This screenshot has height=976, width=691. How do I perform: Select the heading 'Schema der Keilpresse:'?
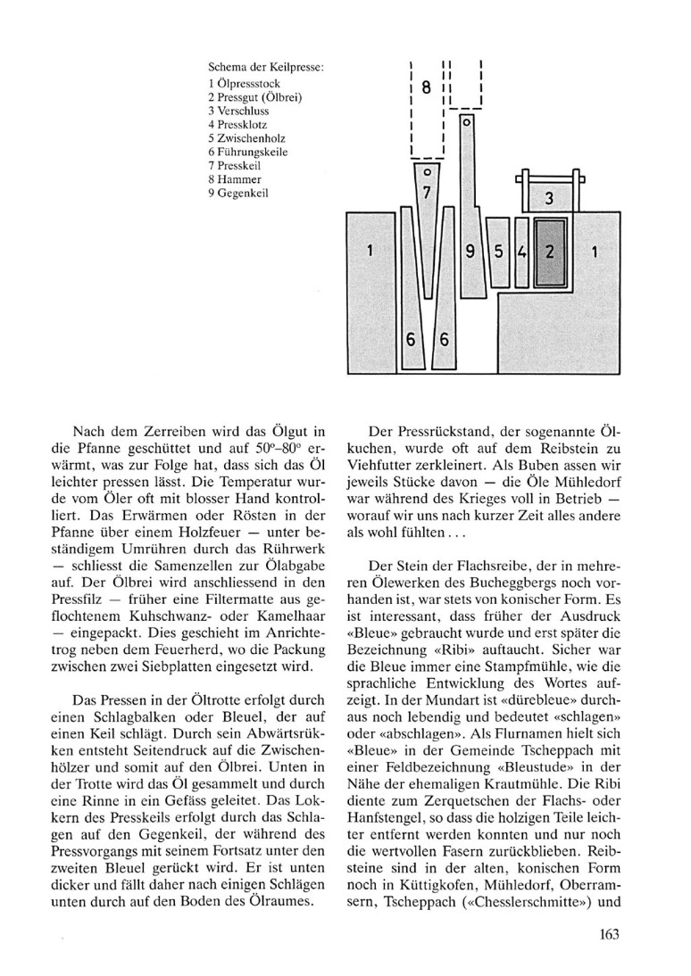(x=266, y=66)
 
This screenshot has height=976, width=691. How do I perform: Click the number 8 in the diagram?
(x=426, y=87)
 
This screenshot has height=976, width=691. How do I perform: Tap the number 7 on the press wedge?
(x=427, y=192)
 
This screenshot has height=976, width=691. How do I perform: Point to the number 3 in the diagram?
(x=550, y=195)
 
